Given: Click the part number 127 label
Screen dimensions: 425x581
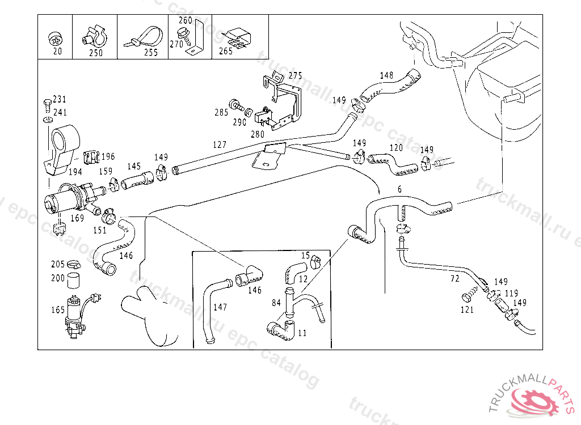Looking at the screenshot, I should tap(220, 144).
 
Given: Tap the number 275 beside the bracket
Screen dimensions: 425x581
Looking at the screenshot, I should tap(295, 75).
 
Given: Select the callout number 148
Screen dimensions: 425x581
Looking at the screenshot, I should tap(386, 75).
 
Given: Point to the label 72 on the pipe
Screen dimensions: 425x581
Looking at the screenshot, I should tap(454, 279).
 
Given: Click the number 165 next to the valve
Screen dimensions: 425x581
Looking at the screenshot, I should tap(58, 310).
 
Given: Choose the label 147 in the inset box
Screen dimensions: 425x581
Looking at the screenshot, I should tap(220, 307).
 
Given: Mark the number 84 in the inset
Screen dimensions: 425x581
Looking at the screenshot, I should tap(276, 303).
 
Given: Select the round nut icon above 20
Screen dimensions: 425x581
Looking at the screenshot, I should tap(55, 38).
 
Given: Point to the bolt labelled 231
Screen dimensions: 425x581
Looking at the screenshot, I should tap(47, 104).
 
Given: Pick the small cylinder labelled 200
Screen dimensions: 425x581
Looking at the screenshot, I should tap(73, 280).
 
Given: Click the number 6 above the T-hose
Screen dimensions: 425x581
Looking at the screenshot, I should tap(399, 189).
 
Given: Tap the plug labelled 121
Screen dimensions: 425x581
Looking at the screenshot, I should tap(468, 296).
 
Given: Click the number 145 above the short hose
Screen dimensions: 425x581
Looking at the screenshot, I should tap(134, 166).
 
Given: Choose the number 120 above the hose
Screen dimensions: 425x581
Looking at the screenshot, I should tap(395, 147).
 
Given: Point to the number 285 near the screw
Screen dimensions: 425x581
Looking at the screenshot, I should tap(221, 112).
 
